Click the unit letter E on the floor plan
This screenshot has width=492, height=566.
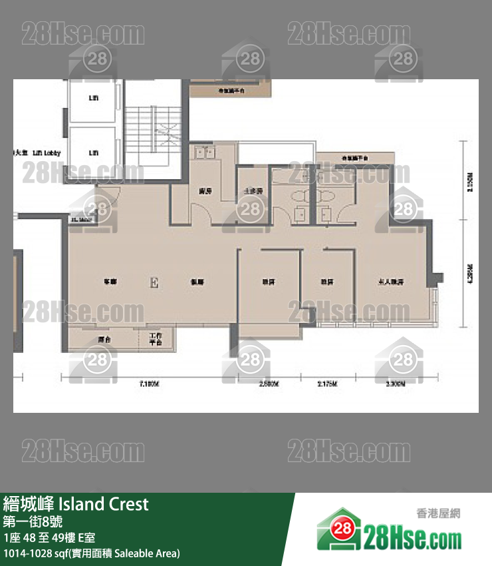pos(155,282)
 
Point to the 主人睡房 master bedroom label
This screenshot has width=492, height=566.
pos(391,282)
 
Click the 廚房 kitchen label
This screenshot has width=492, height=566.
pos(205,191)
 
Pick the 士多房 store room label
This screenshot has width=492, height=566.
pos(251,190)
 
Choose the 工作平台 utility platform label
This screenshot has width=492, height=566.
pos(156,339)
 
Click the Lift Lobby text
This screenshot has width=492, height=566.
pos(47,153)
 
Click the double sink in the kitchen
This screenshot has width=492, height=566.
pos(203,153)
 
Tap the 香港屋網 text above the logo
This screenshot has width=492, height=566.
pos(438,513)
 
